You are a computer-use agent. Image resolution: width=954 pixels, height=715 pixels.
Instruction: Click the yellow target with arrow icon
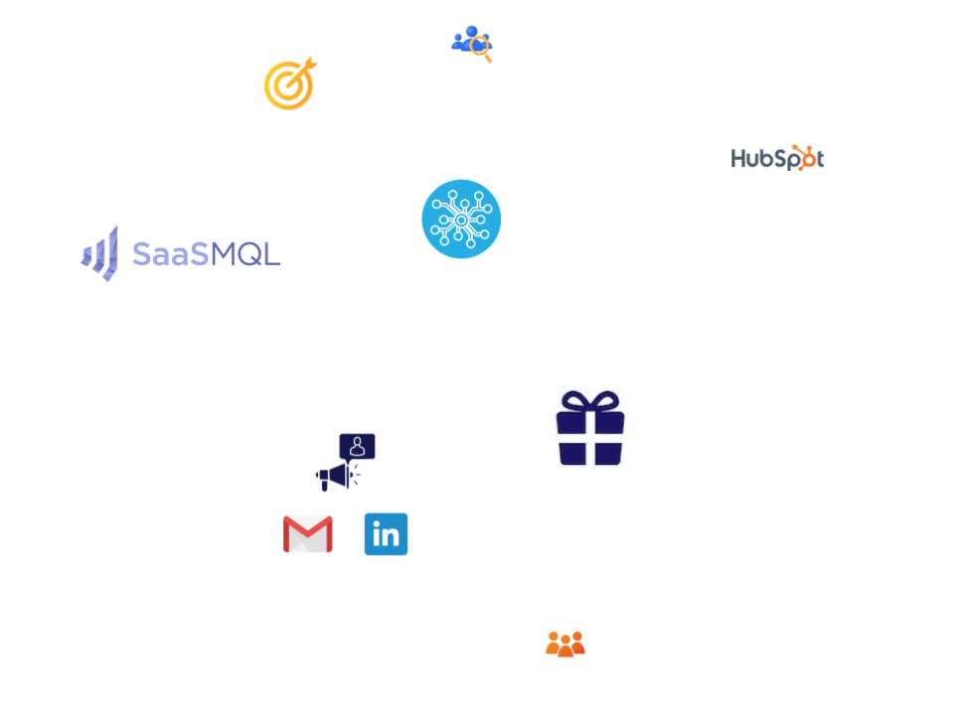click(x=289, y=84)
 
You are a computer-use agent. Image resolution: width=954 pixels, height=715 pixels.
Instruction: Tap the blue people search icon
click(x=471, y=43)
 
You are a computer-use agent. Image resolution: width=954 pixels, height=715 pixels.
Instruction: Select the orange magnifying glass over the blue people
click(x=482, y=49)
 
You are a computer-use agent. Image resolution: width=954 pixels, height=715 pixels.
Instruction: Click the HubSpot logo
click(x=777, y=158)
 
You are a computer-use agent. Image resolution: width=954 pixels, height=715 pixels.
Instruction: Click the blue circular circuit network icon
click(x=461, y=218)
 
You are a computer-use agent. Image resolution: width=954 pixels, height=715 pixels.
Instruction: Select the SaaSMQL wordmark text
click(x=207, y=254)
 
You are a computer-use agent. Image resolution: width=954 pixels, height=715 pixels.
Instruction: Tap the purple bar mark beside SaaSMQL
click(x=99, y=253)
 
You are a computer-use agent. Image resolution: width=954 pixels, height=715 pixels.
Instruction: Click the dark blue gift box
click(x=590, y=427)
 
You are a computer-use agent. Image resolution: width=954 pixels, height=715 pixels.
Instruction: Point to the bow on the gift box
click(x=590, y=400)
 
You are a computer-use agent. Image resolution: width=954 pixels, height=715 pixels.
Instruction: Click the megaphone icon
click(x=337, y=477)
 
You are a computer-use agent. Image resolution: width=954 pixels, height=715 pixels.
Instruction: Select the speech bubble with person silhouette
click(x=357, y=447)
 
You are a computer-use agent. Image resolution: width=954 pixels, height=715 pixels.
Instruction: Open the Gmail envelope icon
click(x=308, y=534)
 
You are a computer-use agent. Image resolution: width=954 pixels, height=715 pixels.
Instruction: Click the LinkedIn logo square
click(x=386, y=534)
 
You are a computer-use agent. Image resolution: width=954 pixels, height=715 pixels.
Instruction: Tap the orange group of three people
click(x=565, y=643)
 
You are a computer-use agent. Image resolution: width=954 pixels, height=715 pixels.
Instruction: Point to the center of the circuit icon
click(x=461, y=220)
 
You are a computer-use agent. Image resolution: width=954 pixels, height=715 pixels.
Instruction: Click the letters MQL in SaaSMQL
click(x=245, y=254)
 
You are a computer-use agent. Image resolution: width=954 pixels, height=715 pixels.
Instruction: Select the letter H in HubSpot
click(x=737, y=158)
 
